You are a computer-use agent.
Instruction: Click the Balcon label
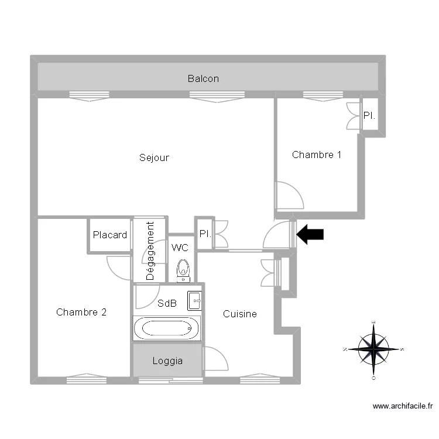[x=203, y=78]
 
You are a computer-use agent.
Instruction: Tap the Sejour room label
[x=154, y=157]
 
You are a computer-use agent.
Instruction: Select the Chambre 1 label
[x=317, y=155]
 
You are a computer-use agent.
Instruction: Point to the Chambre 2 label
[x=81, y=312]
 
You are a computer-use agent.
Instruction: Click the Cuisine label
[x=240, y=314]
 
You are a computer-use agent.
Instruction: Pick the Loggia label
[x=167, y=361]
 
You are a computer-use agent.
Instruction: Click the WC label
[x=180, y=248]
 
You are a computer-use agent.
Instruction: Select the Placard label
[x=109, y=235]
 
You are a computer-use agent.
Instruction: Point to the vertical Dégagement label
[x=150, y=251]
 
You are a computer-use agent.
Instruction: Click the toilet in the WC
[x=183, y=270]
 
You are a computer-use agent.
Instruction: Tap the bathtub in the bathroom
[x=167, y=329]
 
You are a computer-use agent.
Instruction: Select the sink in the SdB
[x=194, y=300]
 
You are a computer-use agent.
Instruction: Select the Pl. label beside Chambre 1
[x=369, y=116]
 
